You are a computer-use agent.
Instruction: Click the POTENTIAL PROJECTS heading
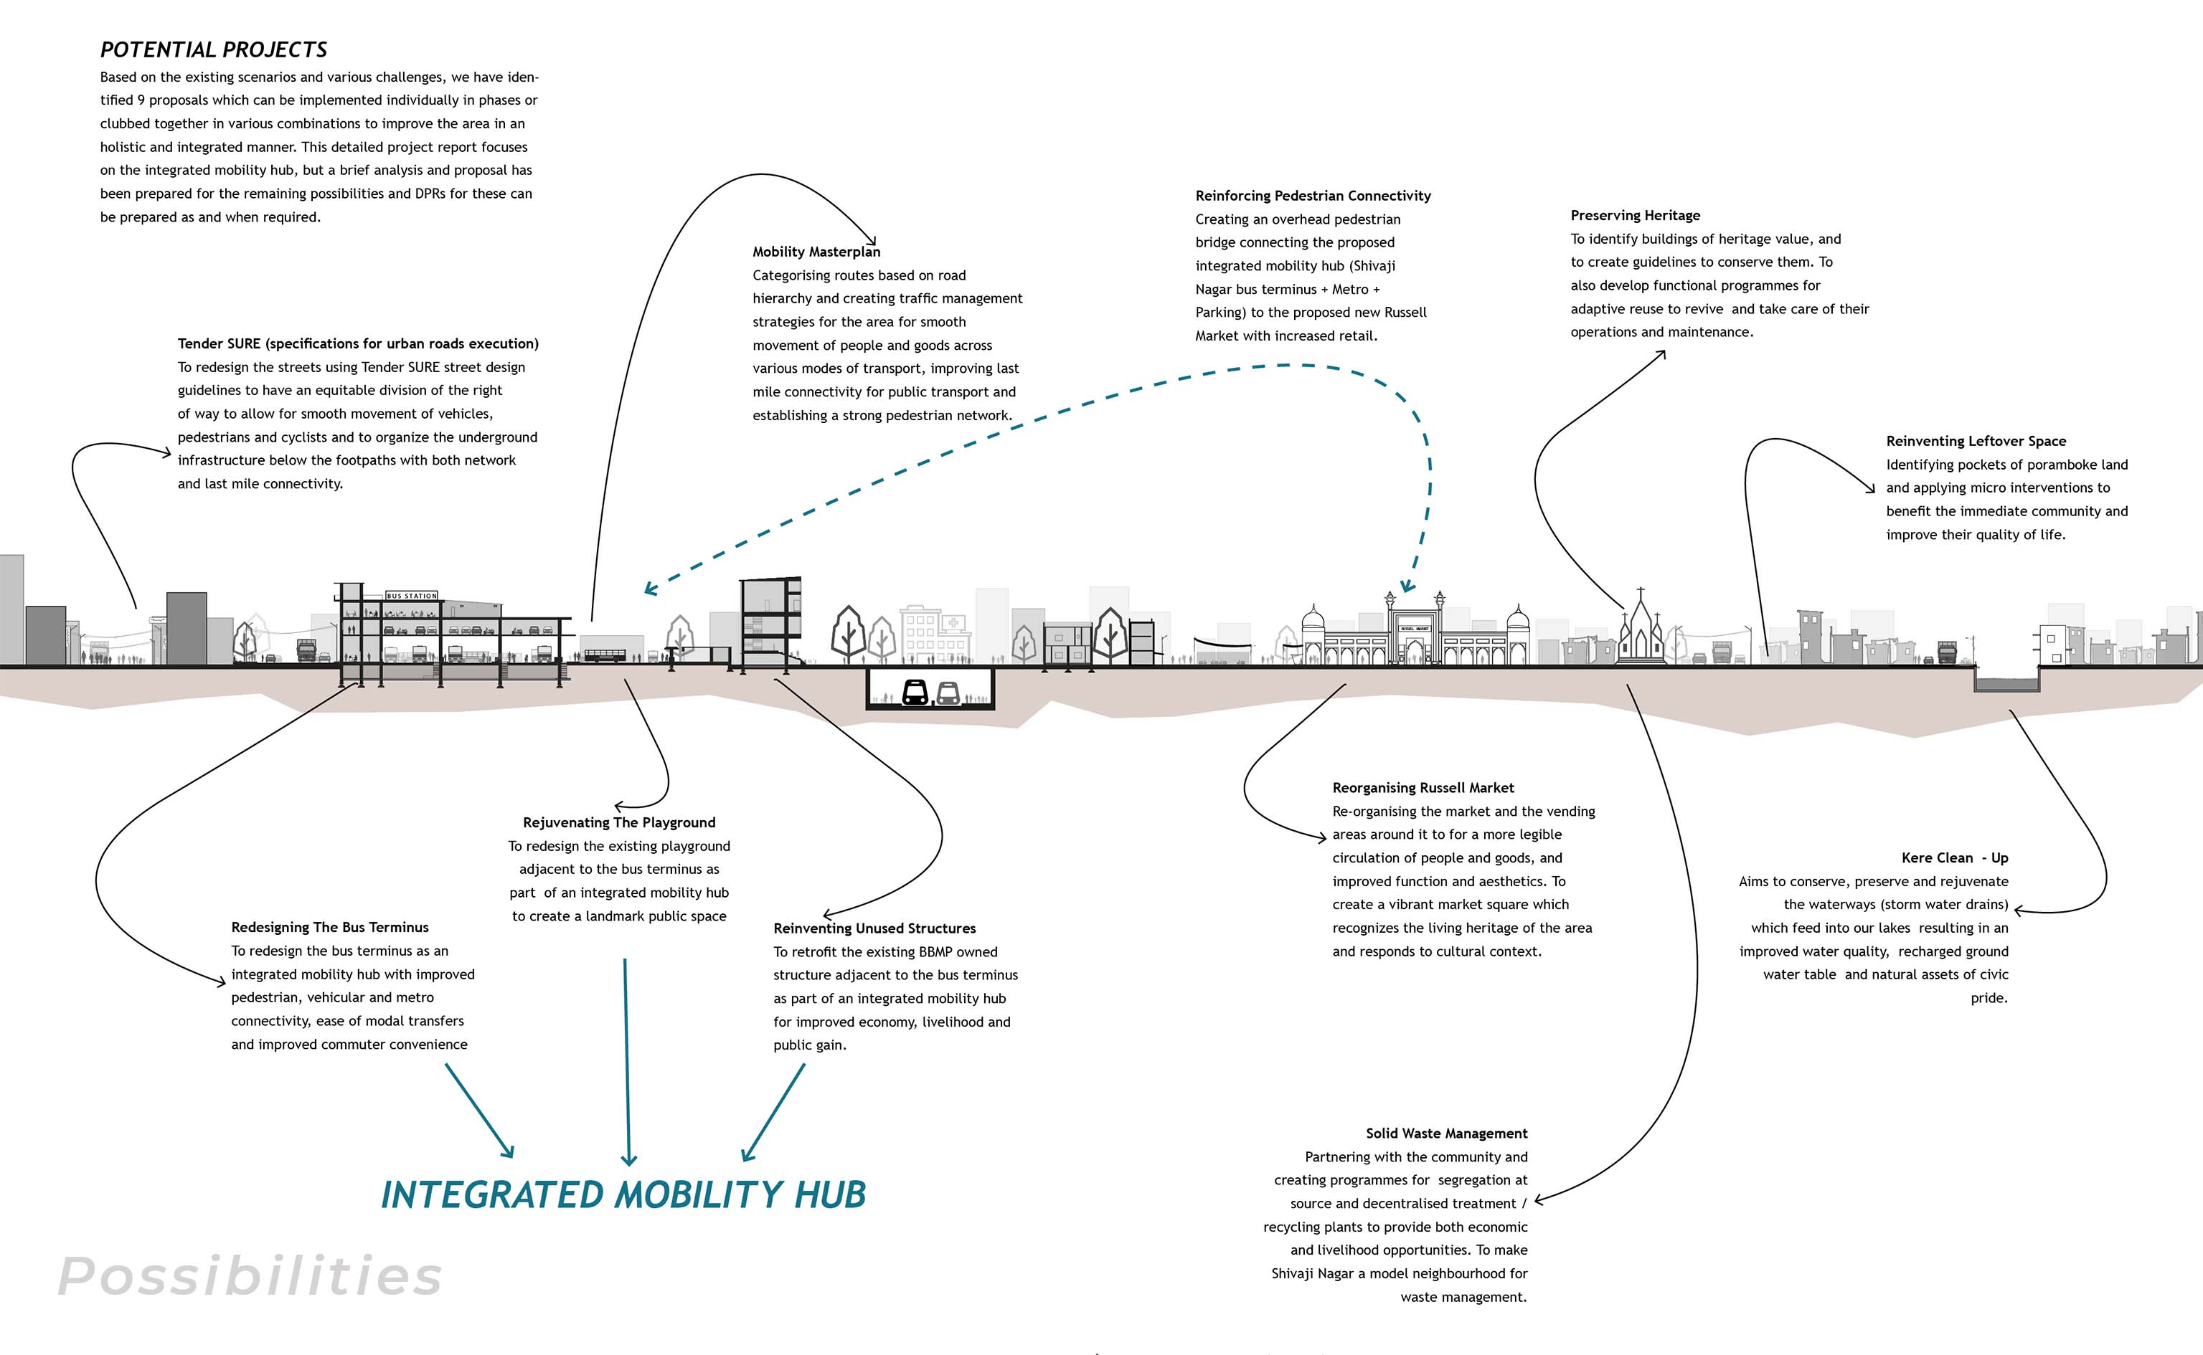coord(213,50)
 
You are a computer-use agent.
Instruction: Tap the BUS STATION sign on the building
coord(412,596)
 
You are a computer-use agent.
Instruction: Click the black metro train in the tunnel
coord(915,692)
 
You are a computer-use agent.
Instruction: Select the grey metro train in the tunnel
coord(948,693)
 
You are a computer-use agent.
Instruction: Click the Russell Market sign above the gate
coord(1415,628)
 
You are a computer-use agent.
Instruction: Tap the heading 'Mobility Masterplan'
coord(816,252)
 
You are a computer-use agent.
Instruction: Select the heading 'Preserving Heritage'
coord(1635,215)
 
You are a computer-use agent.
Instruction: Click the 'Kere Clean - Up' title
coord(1955,857)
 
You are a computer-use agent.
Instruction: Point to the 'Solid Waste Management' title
coord(1446,1133)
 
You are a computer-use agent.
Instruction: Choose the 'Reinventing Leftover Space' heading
coord(1976,441)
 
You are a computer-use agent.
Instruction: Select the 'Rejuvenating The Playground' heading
coord(618,823)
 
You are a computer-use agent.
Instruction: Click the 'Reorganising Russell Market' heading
coord(1423,788)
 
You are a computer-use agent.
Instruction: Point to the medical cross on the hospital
coord(954,622)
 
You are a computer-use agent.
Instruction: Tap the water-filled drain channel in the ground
coord(2006,685)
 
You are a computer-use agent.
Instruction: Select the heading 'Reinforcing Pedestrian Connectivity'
coord(1313,195)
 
